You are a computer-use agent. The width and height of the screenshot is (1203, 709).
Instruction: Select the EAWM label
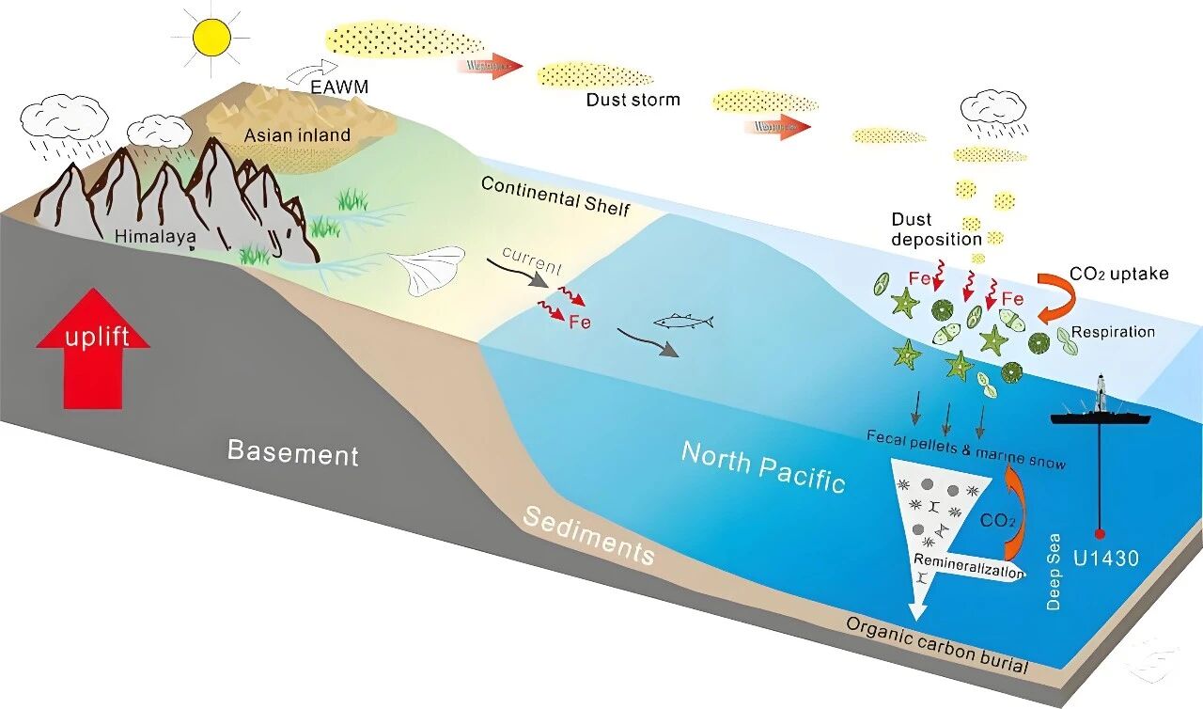341,87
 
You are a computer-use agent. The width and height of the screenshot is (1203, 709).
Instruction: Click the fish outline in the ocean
684,322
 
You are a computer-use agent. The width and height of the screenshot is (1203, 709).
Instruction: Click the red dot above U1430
1100,534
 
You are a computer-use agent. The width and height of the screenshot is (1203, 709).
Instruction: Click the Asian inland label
297,134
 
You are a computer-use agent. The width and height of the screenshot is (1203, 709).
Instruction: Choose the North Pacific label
763,466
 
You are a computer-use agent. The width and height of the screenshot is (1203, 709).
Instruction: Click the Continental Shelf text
555,195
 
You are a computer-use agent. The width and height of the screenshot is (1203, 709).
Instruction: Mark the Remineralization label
968,567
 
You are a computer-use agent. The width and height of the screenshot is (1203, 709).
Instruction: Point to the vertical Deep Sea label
1054,574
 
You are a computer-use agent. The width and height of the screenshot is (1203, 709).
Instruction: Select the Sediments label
588,535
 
